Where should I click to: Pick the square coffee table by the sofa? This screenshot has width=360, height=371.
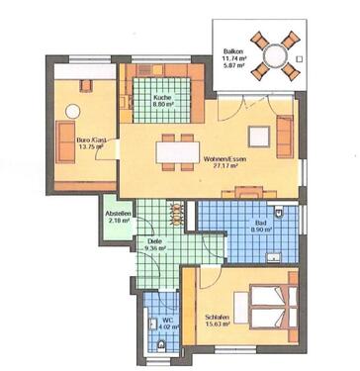click(262, 133)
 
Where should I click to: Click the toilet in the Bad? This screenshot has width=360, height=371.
click(282, 213)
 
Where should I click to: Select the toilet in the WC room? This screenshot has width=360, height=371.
click(161, 343)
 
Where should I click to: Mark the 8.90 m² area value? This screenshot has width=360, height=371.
click(261, 232)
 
